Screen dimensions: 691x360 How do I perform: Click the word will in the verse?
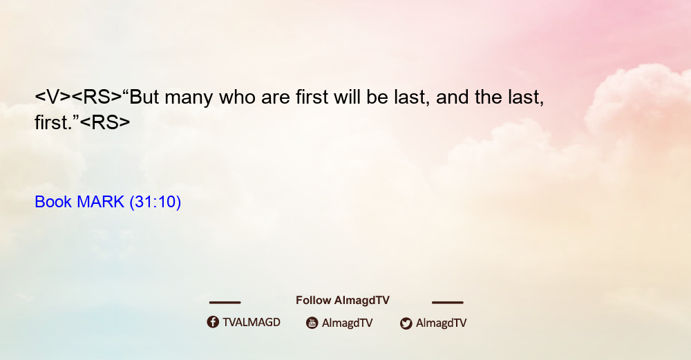[x=347, y=97]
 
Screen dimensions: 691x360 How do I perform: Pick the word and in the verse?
[x=452, y=97]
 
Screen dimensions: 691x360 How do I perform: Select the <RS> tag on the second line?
[x=105, y=122]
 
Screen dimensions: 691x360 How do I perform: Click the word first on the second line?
[x=51, y=122]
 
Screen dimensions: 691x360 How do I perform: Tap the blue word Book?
[x=53, y=202]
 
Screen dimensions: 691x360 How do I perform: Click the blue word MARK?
[x=100, y=202]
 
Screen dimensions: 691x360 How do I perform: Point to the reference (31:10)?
[x=155, y=202]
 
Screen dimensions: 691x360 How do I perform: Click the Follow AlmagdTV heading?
[x=343, y=301]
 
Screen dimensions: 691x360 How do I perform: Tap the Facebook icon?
[x=213, y=322]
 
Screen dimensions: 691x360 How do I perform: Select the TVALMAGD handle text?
[x=252, y=323]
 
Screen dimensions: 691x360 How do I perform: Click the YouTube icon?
[x=312, y=323]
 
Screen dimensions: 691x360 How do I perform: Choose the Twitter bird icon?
[x=406, y=323]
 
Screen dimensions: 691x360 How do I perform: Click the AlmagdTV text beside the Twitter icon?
[x=441, y=323]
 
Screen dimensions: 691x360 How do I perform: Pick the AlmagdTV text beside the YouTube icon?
[x=348, y=323]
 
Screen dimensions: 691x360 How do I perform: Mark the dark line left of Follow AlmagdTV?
[x=225, y=303]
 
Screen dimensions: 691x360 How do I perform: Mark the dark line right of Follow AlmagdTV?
[x=448, y=303]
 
